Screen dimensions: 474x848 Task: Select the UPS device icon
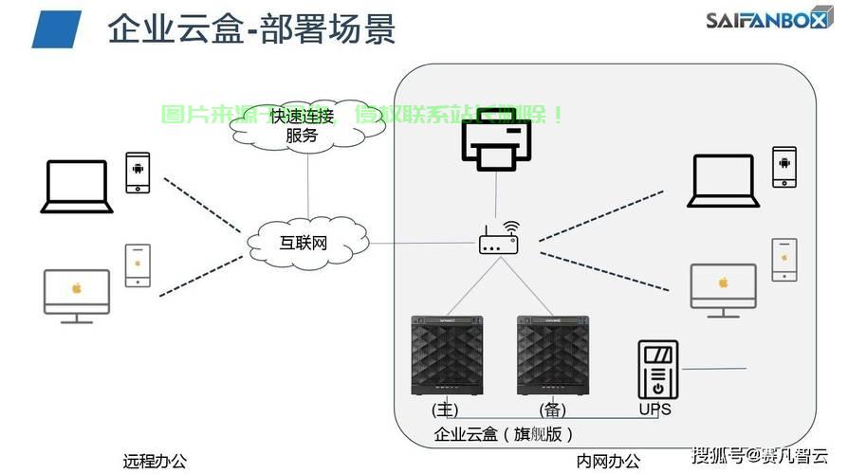click(x=656, y=370)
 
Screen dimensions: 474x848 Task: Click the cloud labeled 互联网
click(x=306, y=243)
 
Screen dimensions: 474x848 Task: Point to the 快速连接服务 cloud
click(x=302, y=125)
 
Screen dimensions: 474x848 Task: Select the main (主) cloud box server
click(x=447, y=355)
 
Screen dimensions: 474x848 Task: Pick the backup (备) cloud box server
click(x=553, y=355)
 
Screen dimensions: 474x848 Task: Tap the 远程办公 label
click(x=155, y=462)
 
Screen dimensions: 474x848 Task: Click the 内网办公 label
click(x=608, y=462)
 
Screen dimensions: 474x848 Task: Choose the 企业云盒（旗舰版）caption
click(x=504, y=435)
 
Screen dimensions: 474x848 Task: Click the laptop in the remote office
click(x=77, y=186)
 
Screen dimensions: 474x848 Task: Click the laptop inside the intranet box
click(x=724, y=180)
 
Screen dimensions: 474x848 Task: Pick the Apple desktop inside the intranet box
click(x=723, y=290)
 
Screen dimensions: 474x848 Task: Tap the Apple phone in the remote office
click(x=138, y=264)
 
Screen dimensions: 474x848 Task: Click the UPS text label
click(x=654, y=410)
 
